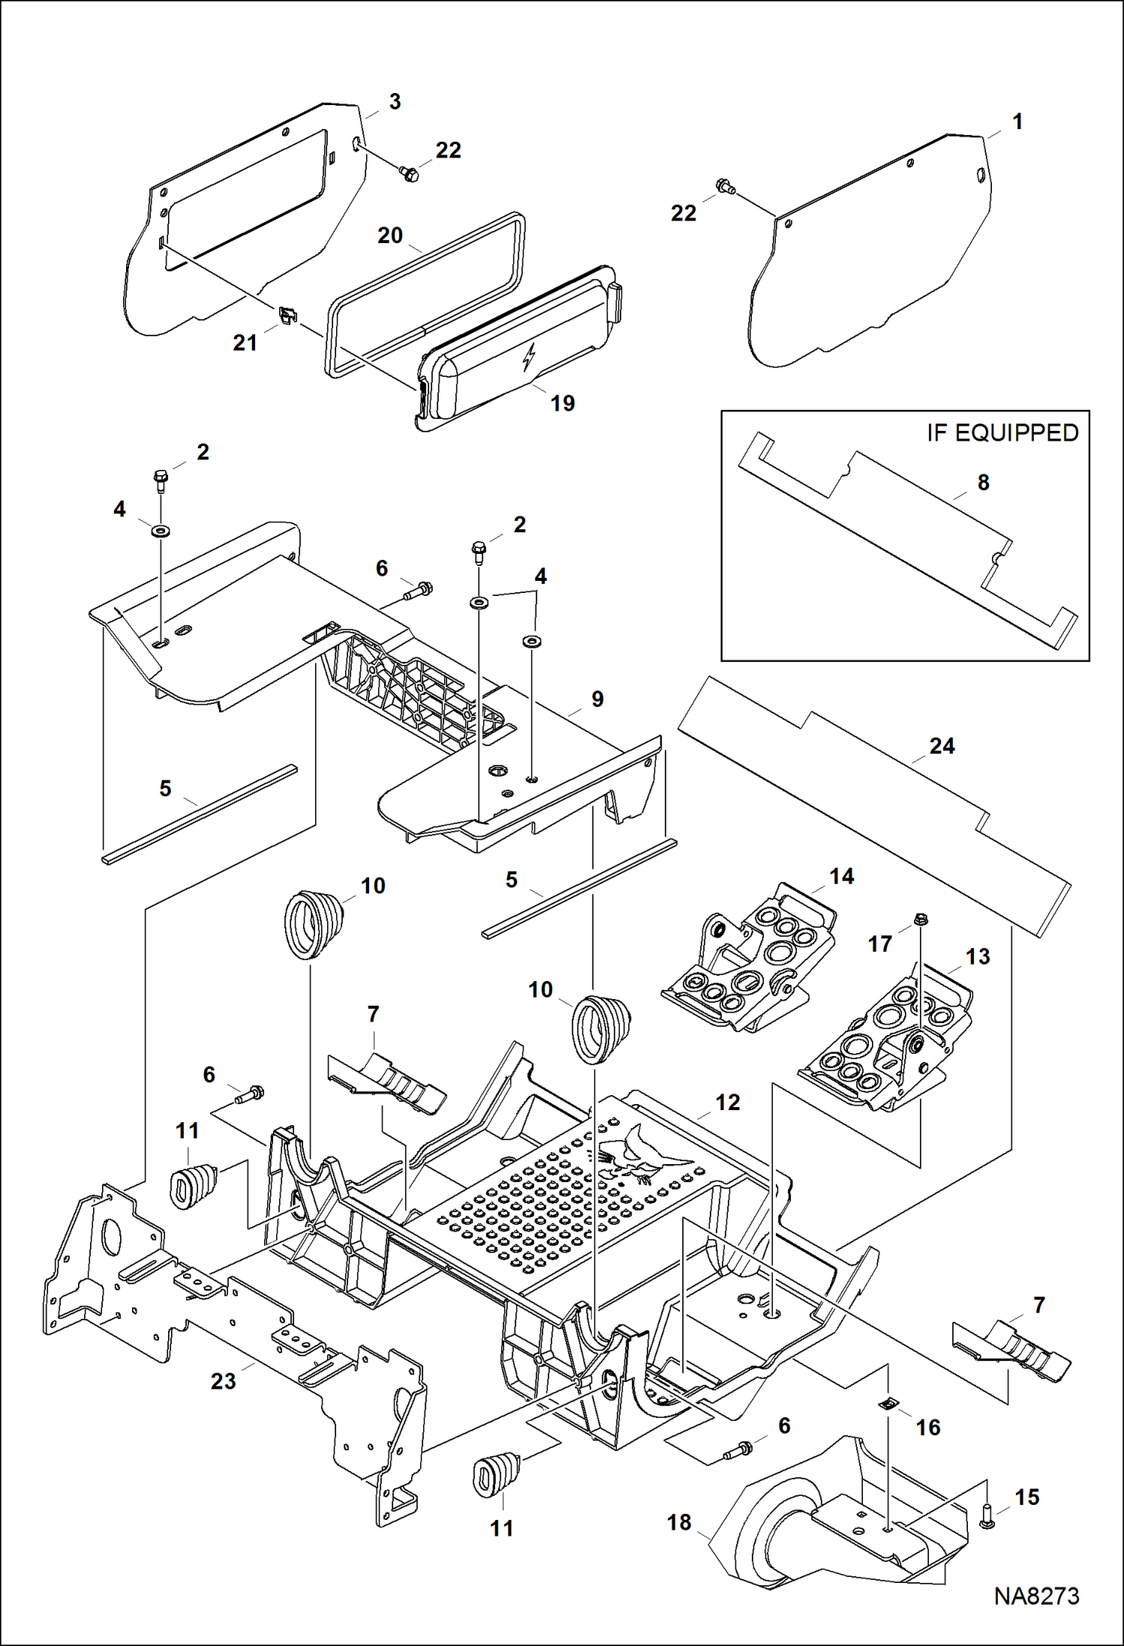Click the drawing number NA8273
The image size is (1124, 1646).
(1036, 1596)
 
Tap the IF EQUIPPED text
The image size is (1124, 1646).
(1002, 433)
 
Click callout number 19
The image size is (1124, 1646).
(562, 404)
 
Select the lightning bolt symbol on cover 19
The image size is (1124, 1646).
(530, 357)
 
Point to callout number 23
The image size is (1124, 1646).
(223, 1381)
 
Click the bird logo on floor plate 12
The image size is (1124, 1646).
(638, 1157)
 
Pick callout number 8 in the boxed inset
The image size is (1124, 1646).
(983, 483)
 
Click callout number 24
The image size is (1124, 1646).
(942, 746)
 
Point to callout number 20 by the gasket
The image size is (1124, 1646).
(390, 236)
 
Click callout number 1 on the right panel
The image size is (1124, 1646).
(1017, 122)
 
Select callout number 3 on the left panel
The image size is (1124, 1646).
(395, 102)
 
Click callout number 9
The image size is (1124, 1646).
(597, 700)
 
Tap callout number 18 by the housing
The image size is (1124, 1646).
(679, 1522)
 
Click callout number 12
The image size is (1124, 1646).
(727, 1103)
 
